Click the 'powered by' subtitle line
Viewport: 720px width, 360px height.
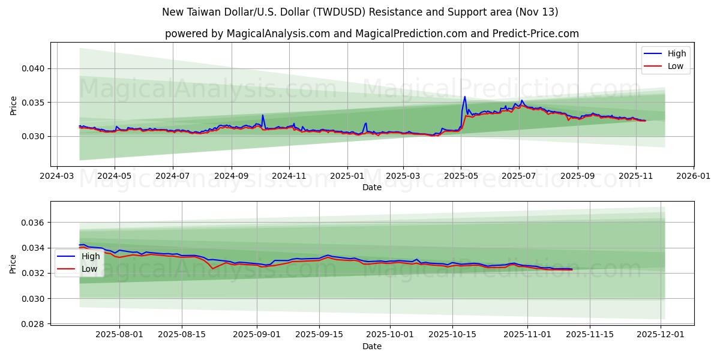[x=372, y=34]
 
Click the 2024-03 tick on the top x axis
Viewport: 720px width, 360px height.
[x=57, y=176]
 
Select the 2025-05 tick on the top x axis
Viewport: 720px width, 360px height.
[x=461, y=176]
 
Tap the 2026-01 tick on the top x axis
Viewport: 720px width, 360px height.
[x=693, y=176]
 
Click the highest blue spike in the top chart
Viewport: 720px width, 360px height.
[x=464, y=97]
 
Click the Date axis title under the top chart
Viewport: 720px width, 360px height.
[x=372, y=187]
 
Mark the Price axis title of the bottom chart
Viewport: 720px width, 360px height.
[x=13, y=263]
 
